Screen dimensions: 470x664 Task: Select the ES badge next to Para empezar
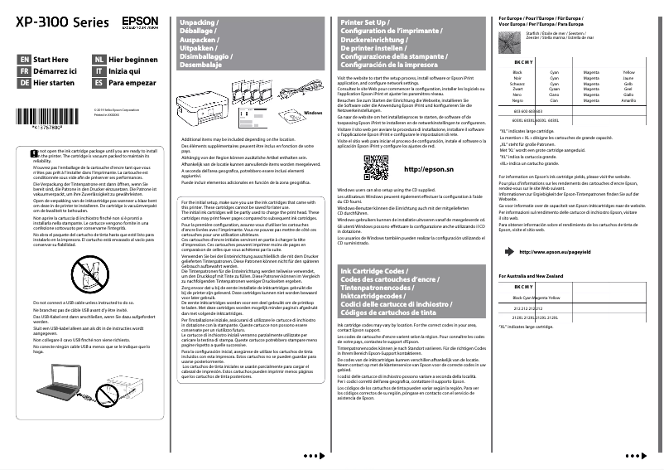(x=99, y=84)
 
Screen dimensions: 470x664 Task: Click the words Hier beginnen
(x=132, y=61)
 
